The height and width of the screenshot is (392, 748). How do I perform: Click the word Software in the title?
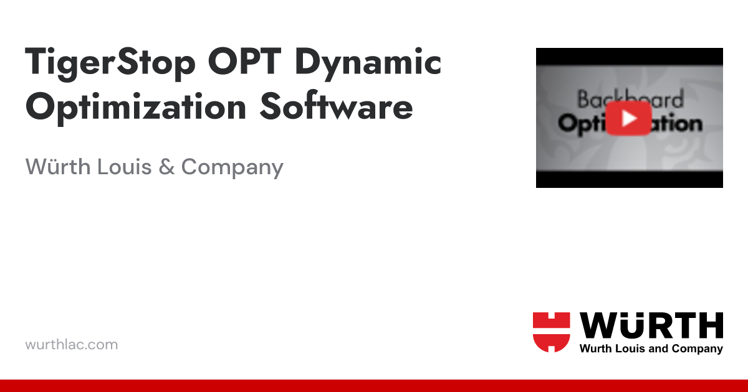point(336,107)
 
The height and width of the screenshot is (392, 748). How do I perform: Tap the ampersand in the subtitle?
point(166,167)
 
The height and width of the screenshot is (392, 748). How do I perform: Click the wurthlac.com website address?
point(71,344)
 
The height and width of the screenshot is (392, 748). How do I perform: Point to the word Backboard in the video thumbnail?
point(630,99)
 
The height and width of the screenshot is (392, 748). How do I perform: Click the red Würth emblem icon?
point(552,332)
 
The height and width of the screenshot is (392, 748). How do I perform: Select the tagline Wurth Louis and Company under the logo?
point(651,349)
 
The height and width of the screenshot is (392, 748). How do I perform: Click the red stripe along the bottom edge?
point(374,386)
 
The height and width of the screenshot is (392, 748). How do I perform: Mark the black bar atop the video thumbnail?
point(630,55)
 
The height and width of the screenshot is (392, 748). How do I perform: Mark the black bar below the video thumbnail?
point(630,180)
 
